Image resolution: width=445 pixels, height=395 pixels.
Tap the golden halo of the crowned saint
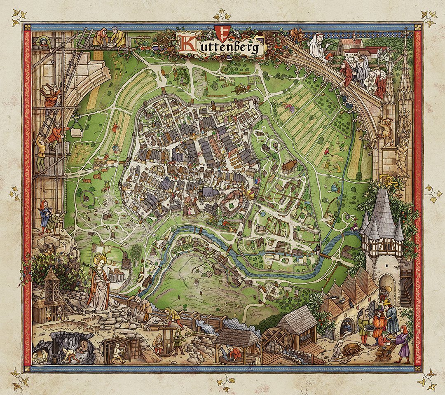tap(100, 259)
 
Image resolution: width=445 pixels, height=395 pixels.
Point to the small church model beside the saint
tap(117, 273)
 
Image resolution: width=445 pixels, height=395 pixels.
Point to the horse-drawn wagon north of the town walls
tap(239, 89)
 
